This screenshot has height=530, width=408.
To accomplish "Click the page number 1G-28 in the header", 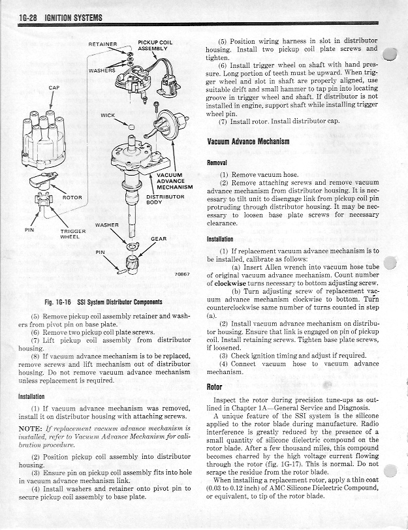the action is click(x=28, y=18).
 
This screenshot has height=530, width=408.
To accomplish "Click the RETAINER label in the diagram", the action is click(x=102, y=44).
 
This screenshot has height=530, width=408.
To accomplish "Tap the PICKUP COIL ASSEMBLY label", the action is click(x=155, y=46).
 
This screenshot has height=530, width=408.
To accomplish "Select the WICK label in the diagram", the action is click(x=108, y=116).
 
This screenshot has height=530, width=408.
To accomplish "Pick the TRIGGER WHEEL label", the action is click(x=72, y=234).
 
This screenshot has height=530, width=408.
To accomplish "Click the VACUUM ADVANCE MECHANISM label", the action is click(x=175, y=181).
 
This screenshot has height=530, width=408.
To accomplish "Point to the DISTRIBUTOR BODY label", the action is click(x=165, y=200).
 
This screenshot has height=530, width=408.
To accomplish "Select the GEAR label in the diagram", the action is click(x=159, y=239).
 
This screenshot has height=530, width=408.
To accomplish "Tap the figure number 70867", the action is click(x=182, y=274).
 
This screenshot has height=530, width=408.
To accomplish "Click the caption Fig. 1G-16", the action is click(x=58, y=302).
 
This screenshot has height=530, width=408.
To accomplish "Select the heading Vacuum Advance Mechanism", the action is click(x=248, y=142).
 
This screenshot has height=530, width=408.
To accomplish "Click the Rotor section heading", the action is click(x=214, y=387).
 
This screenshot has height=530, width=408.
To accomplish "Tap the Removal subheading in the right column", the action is click(x=217, y=163).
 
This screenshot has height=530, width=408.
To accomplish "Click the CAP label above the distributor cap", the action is click(x=54, y=88).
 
